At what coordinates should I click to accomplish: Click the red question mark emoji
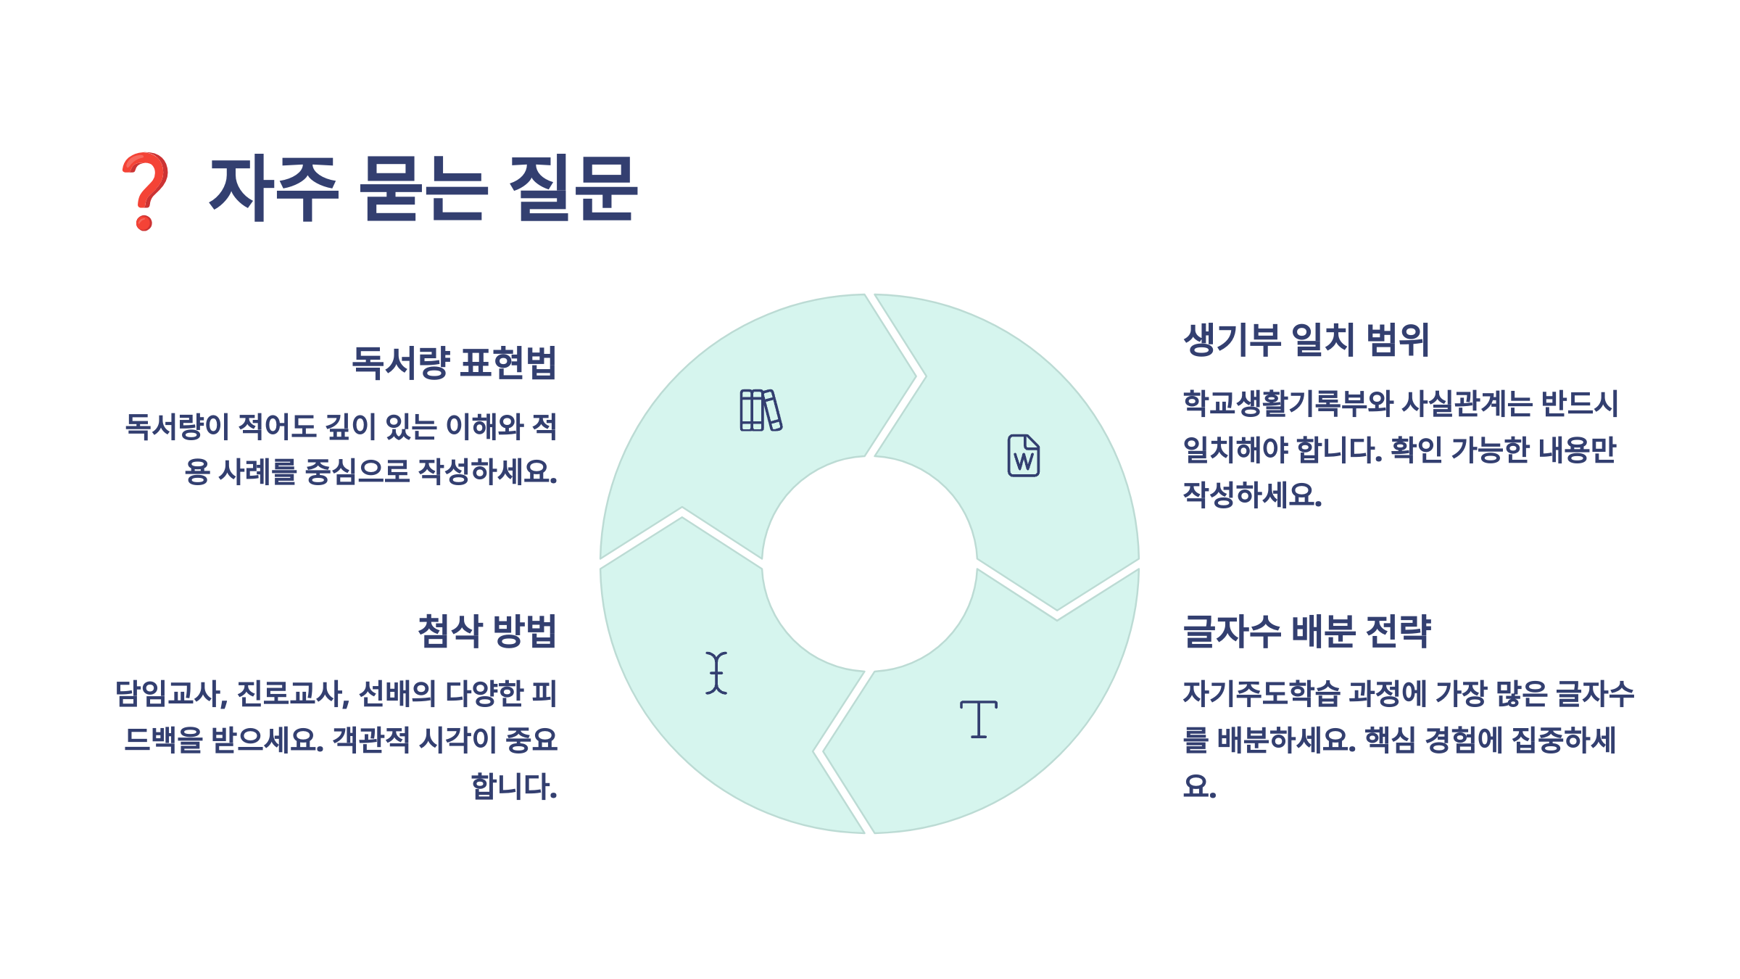(x=145, y=191)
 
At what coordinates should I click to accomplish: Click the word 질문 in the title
(x=573, y=189)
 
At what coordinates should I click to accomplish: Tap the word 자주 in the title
(x=273, y=189)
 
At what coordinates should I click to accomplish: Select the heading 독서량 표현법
(x=454, y=363)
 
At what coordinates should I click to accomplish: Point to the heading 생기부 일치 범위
(x=1306, y=339)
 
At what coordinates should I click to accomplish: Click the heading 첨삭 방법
(x=487, y=631)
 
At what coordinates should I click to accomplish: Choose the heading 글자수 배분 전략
(x=1306, y=631)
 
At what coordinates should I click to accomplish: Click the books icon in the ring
(x=761, y=410)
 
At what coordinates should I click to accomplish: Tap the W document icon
(x=1023, y=455)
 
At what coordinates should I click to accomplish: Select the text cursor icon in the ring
(x=716, y=673)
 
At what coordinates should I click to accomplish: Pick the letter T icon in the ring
(x=978, y=719)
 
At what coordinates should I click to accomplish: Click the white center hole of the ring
(x=869, y=563)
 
